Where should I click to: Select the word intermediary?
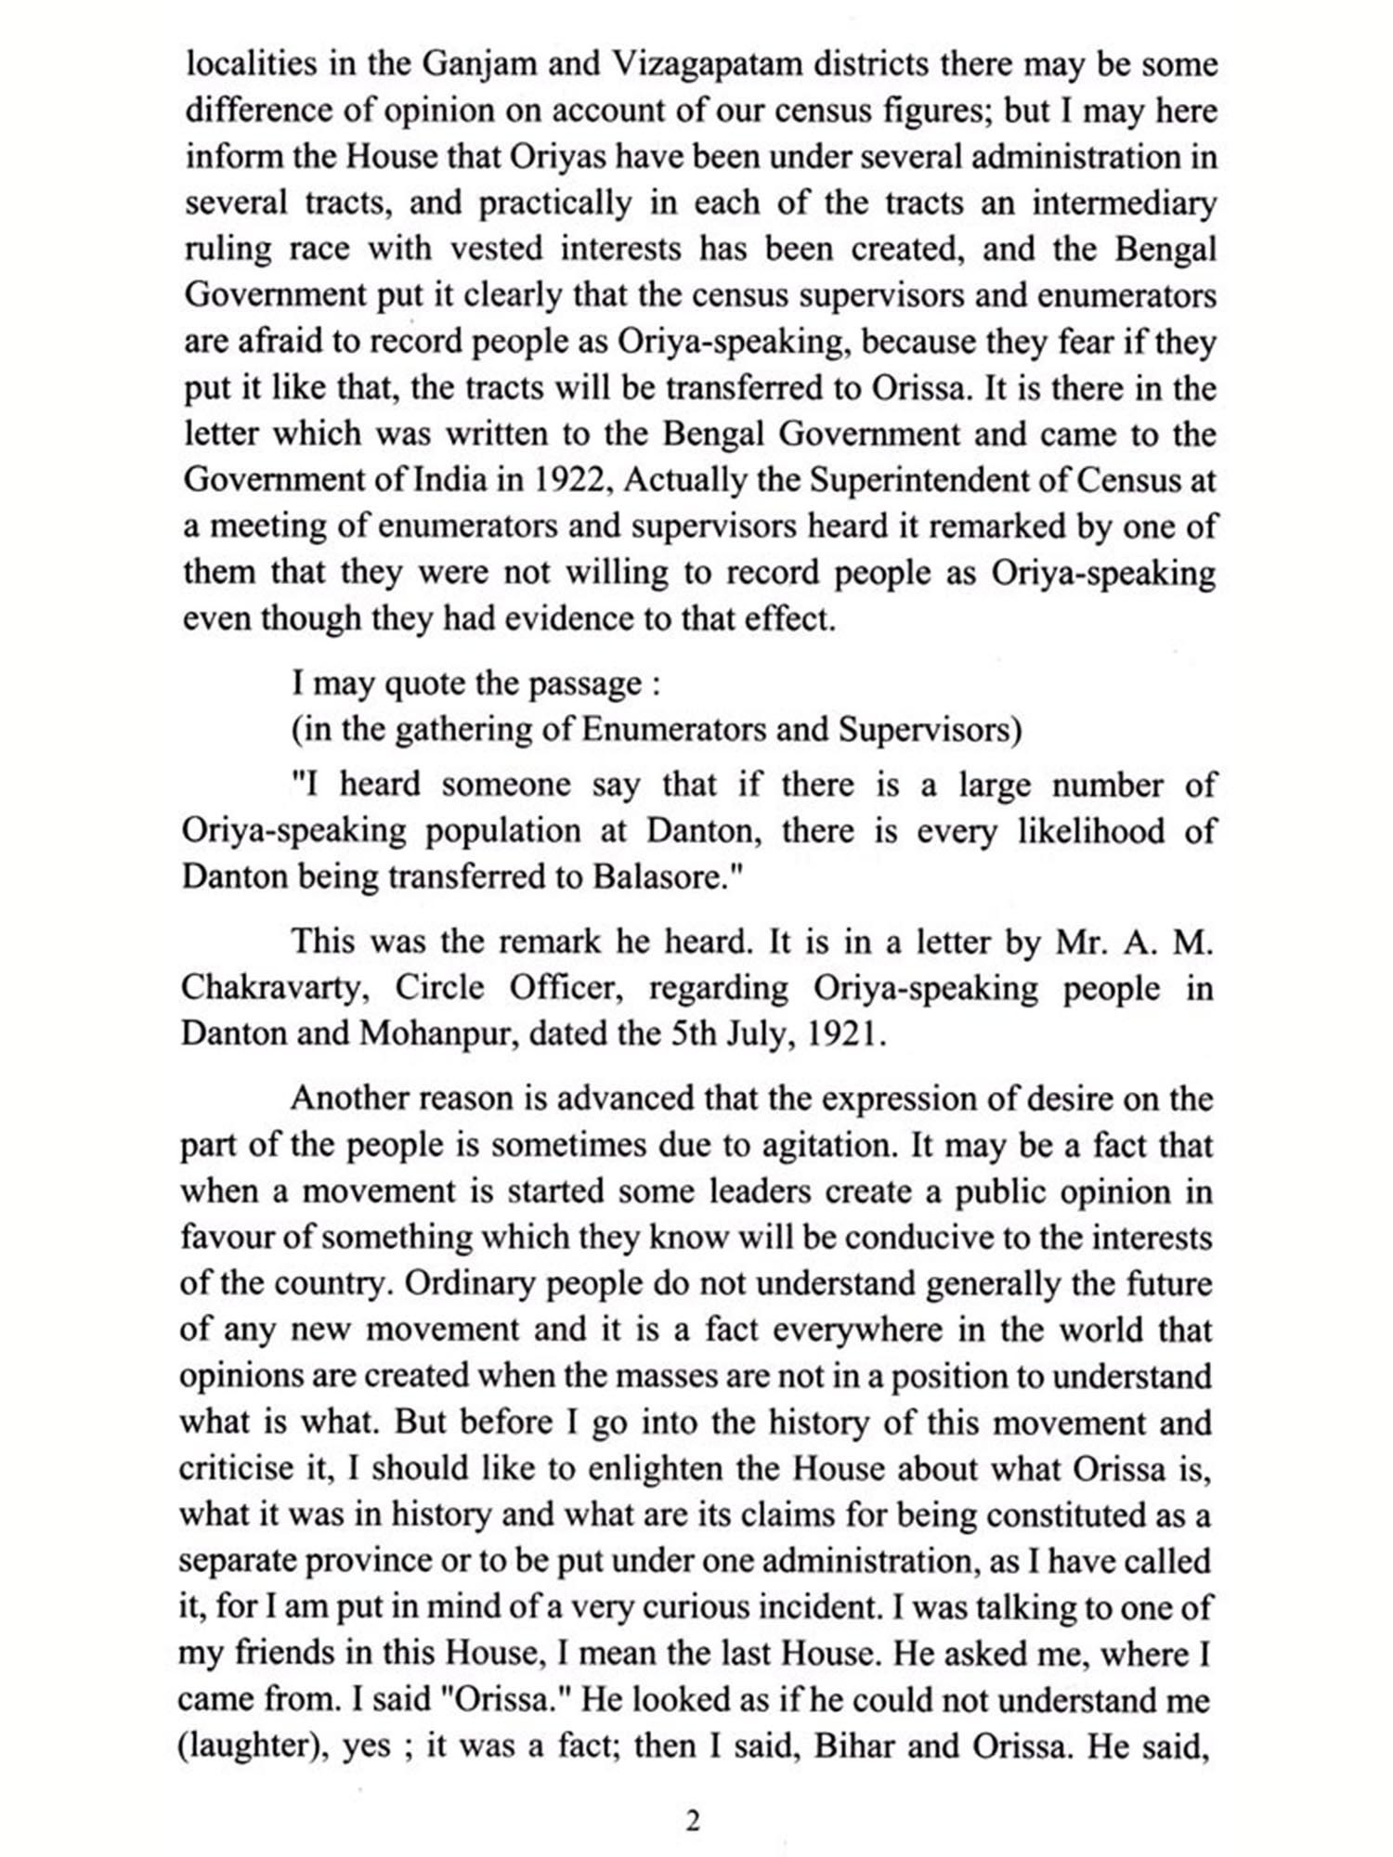pyautogui.click(x=1124, y=204)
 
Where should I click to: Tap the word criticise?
pyautogui.click(x=236, y=1470)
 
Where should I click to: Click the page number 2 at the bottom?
pyautogui.click(x=692, y=1822)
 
